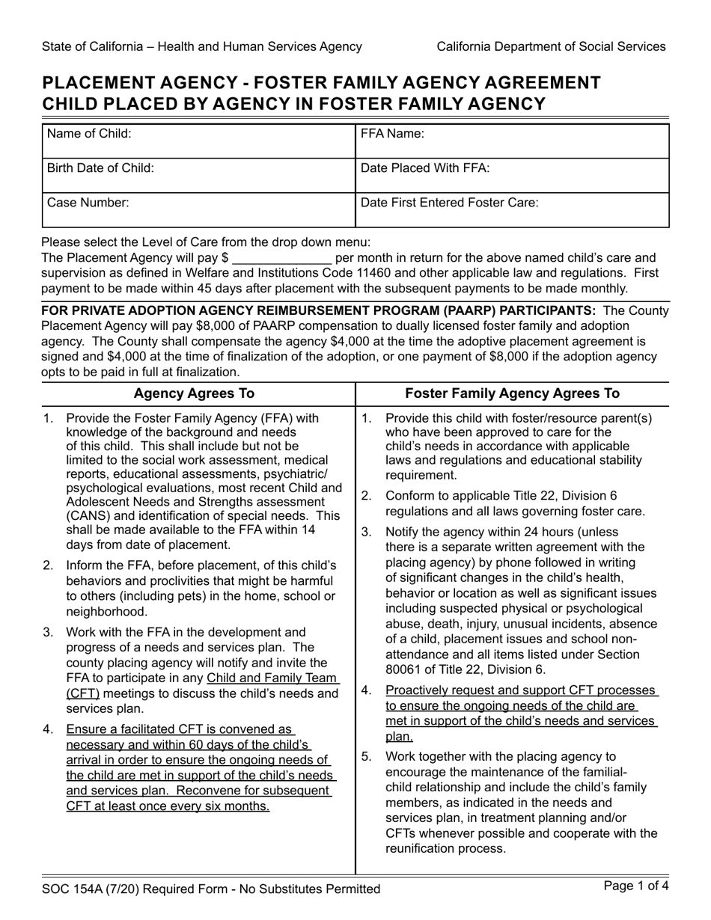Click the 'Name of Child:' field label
(x=89, y=134)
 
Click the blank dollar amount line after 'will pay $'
(x=281, y=259)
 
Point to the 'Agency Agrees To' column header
(x=194, y=393)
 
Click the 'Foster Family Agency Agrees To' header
(x=512, y=393)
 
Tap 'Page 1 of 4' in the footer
(x=635, y=887)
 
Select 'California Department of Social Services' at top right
(x=551, y=46)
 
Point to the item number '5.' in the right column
(x=367, y=755)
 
